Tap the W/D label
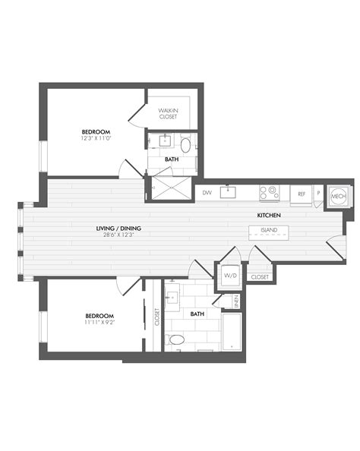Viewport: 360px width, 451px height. pos(229,276)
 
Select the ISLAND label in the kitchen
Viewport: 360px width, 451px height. pos(269,230)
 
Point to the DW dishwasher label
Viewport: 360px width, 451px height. pos(207,193)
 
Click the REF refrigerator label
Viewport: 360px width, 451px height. pos(302,194)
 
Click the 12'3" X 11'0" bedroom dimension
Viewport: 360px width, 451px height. pos(96,138)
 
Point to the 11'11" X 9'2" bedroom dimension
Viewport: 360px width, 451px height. pos(99,322)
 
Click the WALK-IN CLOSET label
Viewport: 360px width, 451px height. pos(169,115)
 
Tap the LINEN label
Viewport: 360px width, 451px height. pos(236,301)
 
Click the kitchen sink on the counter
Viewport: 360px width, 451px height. pos(228,191)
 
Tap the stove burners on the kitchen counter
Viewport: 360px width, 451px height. pos(269,193)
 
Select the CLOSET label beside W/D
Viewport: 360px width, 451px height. pos(259,277)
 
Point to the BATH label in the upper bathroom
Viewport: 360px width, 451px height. pos(172,159)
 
